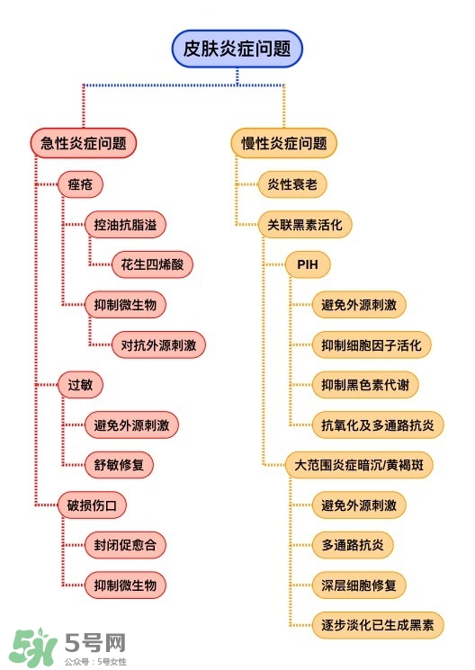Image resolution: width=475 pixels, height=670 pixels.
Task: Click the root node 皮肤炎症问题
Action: [x=237, y=49]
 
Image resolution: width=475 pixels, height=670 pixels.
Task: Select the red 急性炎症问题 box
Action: [x=84, y=142]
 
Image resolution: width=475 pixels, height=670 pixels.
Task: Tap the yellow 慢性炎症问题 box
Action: [x=283, y=142]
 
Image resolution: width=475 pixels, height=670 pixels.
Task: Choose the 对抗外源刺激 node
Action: [x=157, y=344]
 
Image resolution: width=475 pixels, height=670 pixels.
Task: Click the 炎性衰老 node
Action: [x=291, y=184]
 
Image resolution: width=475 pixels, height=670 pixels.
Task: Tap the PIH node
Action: [x=308, y=264]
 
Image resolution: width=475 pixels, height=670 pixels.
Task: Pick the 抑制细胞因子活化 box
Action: [x=371, y=344]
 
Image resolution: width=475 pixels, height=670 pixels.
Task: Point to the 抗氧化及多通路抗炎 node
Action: [x=377, y=424]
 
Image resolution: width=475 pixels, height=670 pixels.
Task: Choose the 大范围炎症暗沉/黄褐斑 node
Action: [x=357, y=465]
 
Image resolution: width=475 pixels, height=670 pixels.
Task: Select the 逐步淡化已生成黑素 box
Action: [x=377, y=624]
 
